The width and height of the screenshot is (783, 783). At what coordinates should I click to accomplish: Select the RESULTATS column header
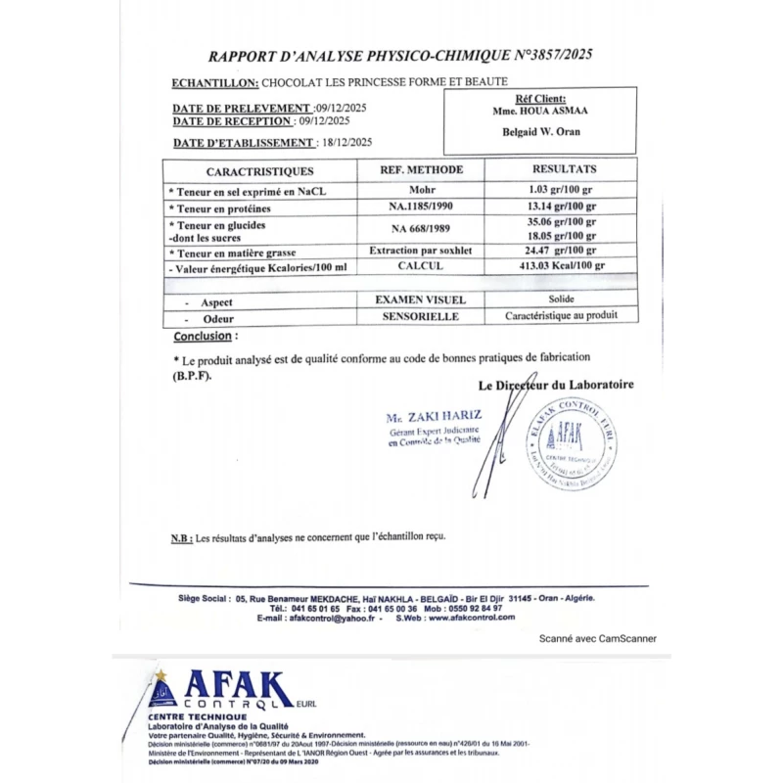(x=564, y=169)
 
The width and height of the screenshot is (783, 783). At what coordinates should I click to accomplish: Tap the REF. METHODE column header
(x=421, y=170)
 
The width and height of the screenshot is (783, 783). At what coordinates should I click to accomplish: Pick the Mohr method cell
(x=421, y=190)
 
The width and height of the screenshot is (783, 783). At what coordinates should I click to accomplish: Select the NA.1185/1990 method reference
(x=421, y=207)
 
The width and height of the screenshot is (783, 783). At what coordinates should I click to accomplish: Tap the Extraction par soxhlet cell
(x=421, y=251)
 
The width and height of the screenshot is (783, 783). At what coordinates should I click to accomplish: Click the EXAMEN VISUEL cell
(x=421, y=299)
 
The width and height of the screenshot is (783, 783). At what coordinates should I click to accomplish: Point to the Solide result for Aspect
(x=562, y=299)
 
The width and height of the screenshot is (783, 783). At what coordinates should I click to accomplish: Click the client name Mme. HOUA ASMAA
(x=540, y=112)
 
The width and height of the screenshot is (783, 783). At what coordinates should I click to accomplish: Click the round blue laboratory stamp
(x=573, y=445)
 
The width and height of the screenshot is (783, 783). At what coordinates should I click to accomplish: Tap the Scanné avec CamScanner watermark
(x=598, y=638)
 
